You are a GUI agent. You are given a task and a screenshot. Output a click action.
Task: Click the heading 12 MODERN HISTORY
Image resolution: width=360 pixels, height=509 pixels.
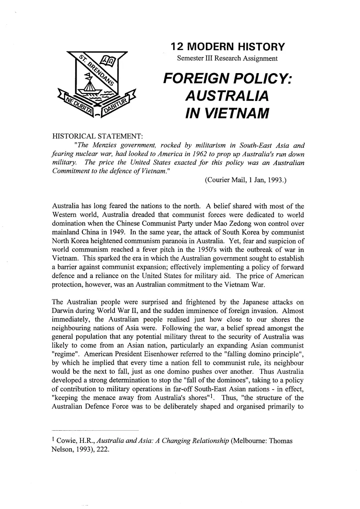[228, 47]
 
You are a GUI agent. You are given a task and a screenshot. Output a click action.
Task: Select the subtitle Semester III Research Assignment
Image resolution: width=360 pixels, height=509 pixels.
[227, 58]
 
